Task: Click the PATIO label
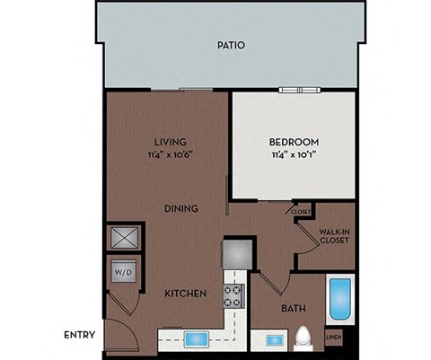pos(231,45)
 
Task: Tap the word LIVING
pos(169,142)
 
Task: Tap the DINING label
pos(180,208)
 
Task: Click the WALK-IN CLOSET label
pos(333,236)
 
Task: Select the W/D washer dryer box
pos(121,269)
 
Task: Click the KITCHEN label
pos(185,294)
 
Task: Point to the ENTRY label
pos(80,336)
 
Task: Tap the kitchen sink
pos(197,339)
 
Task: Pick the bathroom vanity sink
pos(271,340)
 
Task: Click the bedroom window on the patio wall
pos(297,89)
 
